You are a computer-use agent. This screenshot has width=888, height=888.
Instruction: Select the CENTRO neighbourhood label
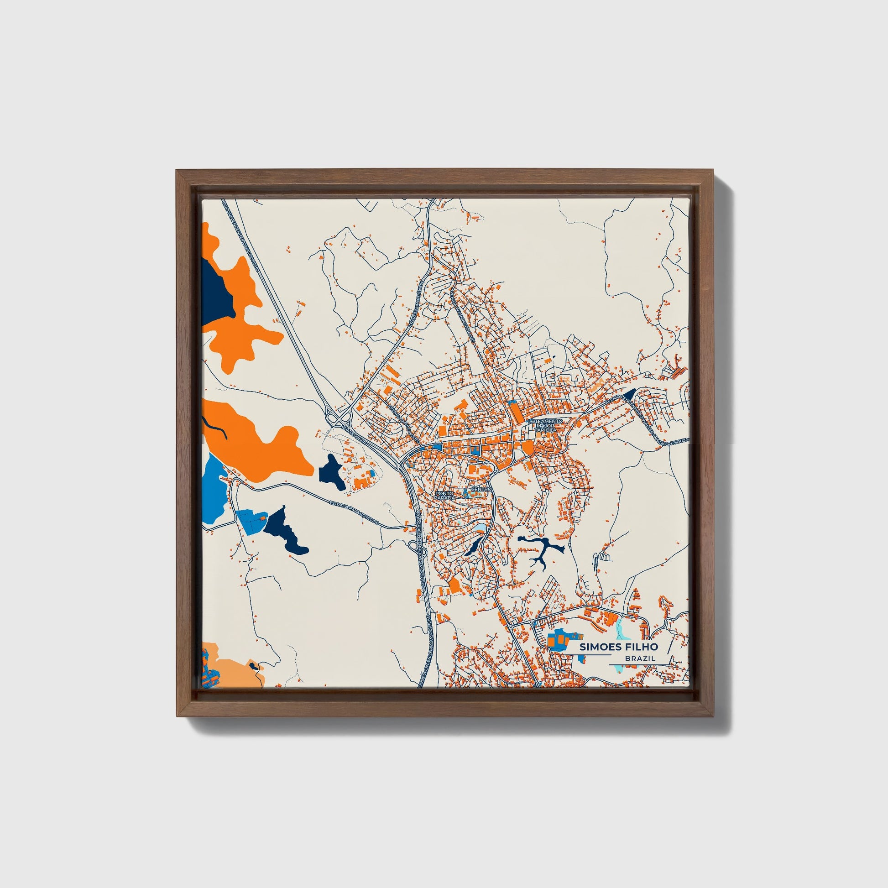(x=481, y=490)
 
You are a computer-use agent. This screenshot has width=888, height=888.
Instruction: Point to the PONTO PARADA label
(x=444, y=496)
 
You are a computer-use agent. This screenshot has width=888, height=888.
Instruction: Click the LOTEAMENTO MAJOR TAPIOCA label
(x=545, y=425)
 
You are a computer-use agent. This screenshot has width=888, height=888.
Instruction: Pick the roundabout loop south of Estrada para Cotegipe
(x=413, y=545)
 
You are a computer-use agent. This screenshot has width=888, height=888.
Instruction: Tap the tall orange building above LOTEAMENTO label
(x=516, y=411)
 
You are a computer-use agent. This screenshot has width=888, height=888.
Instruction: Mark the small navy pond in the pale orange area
(x=254, y=666)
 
